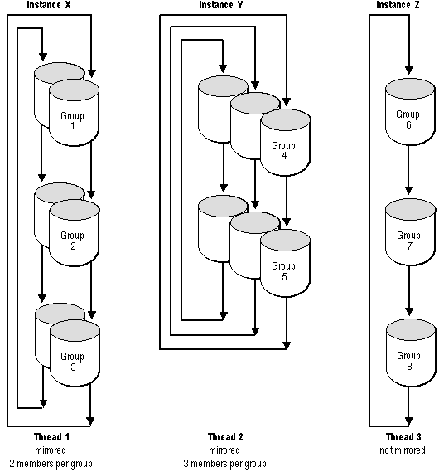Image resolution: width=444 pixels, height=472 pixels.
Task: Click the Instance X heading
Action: pyautogui.click(x=49, y=5)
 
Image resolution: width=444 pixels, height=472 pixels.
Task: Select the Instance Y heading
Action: pyautogui.click(x=220, y=5)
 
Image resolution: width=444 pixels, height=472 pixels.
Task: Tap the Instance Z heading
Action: pyautogui.click(x=398, y=5)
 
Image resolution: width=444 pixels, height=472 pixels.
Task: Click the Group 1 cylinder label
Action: pyautogui.click(x=72, y=121)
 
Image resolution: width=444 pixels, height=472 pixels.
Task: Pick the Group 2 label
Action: pyautogui.click(x=72, y=241)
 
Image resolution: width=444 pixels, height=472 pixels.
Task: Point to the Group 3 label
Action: pyautogui.click(x=72, y=362)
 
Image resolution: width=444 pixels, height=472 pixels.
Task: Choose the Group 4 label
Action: pyautogui.click(x=284, y=150)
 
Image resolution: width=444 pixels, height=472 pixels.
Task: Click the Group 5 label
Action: pyautogui.click(x=284, y=271)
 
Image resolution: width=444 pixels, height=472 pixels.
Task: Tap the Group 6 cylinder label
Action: pyautogui.click(x=408, y=119)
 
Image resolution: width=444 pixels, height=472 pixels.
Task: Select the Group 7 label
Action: pyautogui.click(x=409, y=241)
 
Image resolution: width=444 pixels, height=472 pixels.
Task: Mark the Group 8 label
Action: pyautogui.click(x=409, y=361)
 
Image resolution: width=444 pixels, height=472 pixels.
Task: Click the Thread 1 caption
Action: pyautogui.click(x=51, y=437)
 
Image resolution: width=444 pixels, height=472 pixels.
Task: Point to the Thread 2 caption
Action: pyautogui.click(x=225, y=437)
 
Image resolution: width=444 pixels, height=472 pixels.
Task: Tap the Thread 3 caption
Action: pyautogui.click(x=403, y=437)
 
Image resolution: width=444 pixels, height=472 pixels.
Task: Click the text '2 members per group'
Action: pyautogui.click(x=51, y=464)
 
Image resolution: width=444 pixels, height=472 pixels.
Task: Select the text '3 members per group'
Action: pyautogui.click(x=224, y=464)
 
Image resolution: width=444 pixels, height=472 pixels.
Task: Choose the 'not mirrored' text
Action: pyautogui.click(x=403, y=450)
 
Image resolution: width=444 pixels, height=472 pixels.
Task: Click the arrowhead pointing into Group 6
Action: pyautogui.click(x=409, y=71)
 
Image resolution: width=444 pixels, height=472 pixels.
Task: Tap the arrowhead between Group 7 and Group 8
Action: pyautogui.click(x=409, y=311)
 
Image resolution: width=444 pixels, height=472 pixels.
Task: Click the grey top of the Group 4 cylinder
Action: pyautogui.click(x=286, y=119)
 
